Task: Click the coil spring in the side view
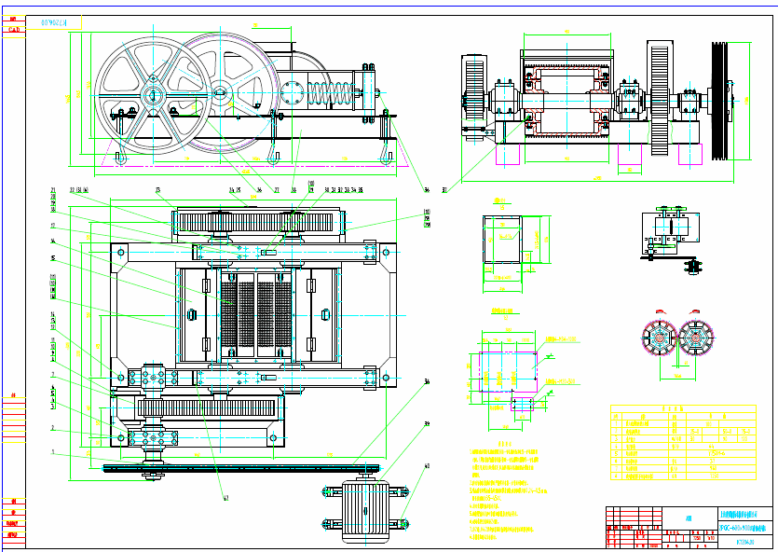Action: pyautogui.click(x=333, y=93)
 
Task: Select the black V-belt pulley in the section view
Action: pyautogui.click(x=718, y=101)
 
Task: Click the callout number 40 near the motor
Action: pyautogui.click(x=428, y=465)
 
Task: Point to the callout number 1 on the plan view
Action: pyautogui.click(x=53, y=452)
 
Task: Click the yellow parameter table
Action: pyautogui.click(x=682, y=442)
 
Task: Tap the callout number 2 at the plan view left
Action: pyautogui.click(x=53, y=428)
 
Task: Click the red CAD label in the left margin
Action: pyautogui.click(x=14, y=30)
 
